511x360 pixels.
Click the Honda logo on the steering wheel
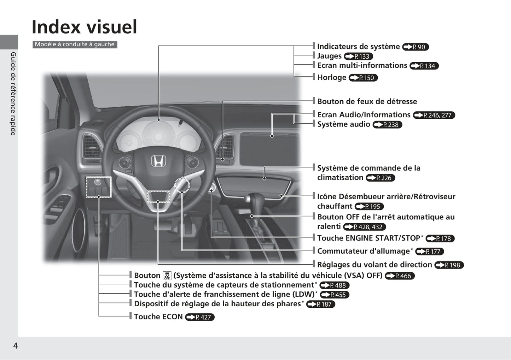pos(158,161)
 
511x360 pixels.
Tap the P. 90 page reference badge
pos(416,47)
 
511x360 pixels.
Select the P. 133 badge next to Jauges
pos(358,56)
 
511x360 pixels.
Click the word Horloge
pos(332,77)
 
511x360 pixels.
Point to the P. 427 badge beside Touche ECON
pos(200,317)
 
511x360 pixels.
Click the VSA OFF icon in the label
pos(167,276)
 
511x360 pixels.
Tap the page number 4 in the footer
pos(16,346)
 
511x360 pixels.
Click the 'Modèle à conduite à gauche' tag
pos(75,45)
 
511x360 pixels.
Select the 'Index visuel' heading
pos(85,27)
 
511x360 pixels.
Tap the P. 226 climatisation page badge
pos(380,178)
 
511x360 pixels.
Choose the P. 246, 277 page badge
pos(434,115)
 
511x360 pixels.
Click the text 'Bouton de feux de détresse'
pos(367,101)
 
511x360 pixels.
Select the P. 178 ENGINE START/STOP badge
pos(440,238)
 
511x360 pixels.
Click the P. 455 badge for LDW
pos(335,295)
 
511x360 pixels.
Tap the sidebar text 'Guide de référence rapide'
pos(13,94)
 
